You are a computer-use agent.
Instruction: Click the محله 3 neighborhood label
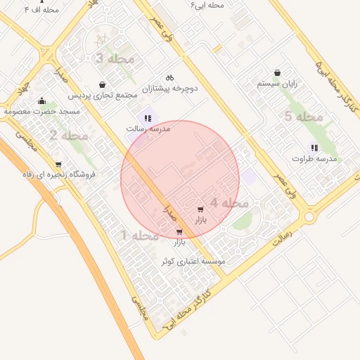[x=115, y=59]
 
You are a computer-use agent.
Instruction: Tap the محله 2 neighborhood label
[x=68, y=134]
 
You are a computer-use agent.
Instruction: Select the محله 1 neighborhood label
[x=140, y=235]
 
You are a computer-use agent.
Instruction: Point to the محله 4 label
[x=229, y=203]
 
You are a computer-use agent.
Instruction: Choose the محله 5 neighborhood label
[x=303, y=117]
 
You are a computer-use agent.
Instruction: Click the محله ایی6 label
[x=207, y=5]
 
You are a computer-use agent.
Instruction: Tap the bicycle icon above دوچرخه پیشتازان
[x=169, y=77]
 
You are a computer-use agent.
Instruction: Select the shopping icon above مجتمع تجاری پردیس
[x=103, y=84]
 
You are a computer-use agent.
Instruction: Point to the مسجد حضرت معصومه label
[x=41, y=111]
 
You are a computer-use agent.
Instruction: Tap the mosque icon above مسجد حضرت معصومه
[x=41, y=101]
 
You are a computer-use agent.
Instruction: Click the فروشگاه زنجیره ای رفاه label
[x=68, y=175]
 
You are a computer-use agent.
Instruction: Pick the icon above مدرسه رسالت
[x=148, y=118]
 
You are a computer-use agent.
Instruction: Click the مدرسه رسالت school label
[x=148, y=129]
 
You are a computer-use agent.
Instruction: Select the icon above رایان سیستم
[x=278, y=72]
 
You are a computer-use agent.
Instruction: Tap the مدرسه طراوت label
[x=315, y=159]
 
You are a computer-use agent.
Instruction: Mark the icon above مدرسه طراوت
[x=314, y=148]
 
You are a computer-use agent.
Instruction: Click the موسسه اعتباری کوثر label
[x=193, y=261]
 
